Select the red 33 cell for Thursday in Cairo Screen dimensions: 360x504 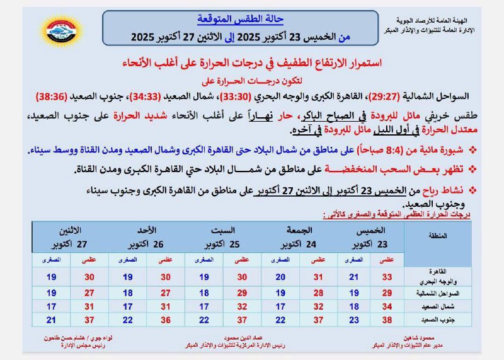pyautogui.click(x=387, y=277)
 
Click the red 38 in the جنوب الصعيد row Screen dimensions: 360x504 pyautogui.click(x=387, y=320)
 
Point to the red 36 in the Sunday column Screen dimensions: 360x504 pyautogui.click(x=166, y=320)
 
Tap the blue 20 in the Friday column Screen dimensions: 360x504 pyautogui.click(x=280, y=277)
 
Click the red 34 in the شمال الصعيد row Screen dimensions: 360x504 pyautogui.click(x=387, y=306)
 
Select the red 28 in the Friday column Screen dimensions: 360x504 pyautogui.click(x=318, y=293)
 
